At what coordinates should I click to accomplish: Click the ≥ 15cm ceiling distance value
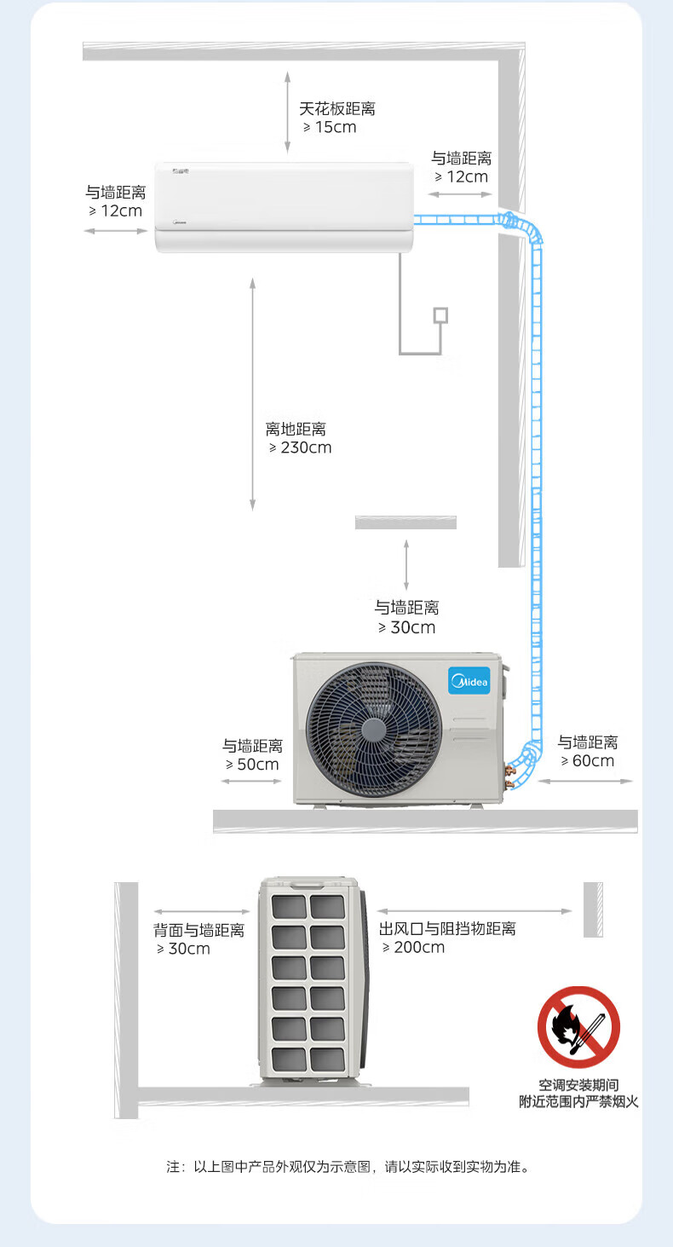pos(330,128)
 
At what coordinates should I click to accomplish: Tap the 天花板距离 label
pos(337,108)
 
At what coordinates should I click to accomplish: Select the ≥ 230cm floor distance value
pos(301,447)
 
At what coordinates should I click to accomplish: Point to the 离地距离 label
pos(296,430)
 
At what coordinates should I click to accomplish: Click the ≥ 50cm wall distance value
pos(252,765)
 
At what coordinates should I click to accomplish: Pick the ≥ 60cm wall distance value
pos(587,761)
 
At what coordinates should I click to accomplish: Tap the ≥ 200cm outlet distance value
pos(413,948)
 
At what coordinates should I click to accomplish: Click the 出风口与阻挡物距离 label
pos(447,928)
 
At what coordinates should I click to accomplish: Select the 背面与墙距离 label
pos(199,930)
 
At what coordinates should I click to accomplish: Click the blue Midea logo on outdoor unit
pos(469,681)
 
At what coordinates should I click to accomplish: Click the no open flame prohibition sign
pos(578,1027)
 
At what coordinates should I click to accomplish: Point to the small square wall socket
pos(440,315)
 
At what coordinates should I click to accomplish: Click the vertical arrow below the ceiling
pos(288,112)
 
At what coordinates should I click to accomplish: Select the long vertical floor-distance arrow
pos(252,394)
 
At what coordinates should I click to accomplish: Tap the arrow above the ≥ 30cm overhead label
pos(406,564)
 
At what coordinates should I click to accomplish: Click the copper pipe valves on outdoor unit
pos(509,776)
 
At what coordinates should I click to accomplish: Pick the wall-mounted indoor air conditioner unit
pos(285,207)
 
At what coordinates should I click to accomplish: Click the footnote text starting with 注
pos(348,1166)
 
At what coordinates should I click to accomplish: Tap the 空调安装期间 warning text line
pos(578,1085)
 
